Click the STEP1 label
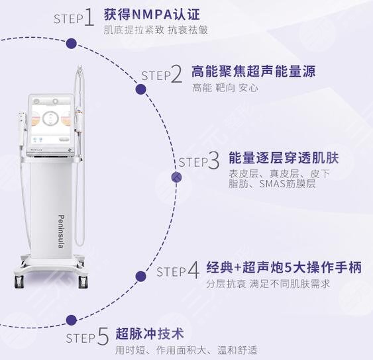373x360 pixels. tap(74, 18)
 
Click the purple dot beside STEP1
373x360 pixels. tap(72, 44)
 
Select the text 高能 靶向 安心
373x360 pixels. tap(225, 87)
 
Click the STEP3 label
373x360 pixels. tap(198, 161)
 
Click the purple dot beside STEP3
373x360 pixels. tap(177, 177)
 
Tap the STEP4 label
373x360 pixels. tap(178, 271)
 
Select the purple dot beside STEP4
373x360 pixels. tap(140, 276)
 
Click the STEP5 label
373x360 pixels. tap(87, 337)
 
